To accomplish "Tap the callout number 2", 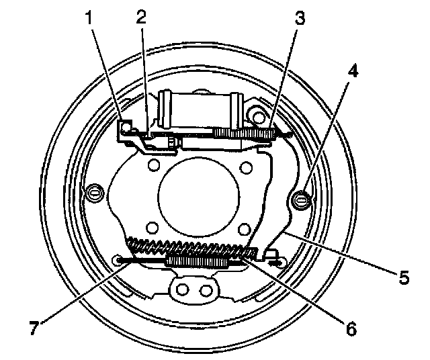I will (142, 17).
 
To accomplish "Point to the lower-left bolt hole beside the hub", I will (153, 225).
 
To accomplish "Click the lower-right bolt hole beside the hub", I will (244, 225).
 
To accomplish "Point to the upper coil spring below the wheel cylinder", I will (244, 134).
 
